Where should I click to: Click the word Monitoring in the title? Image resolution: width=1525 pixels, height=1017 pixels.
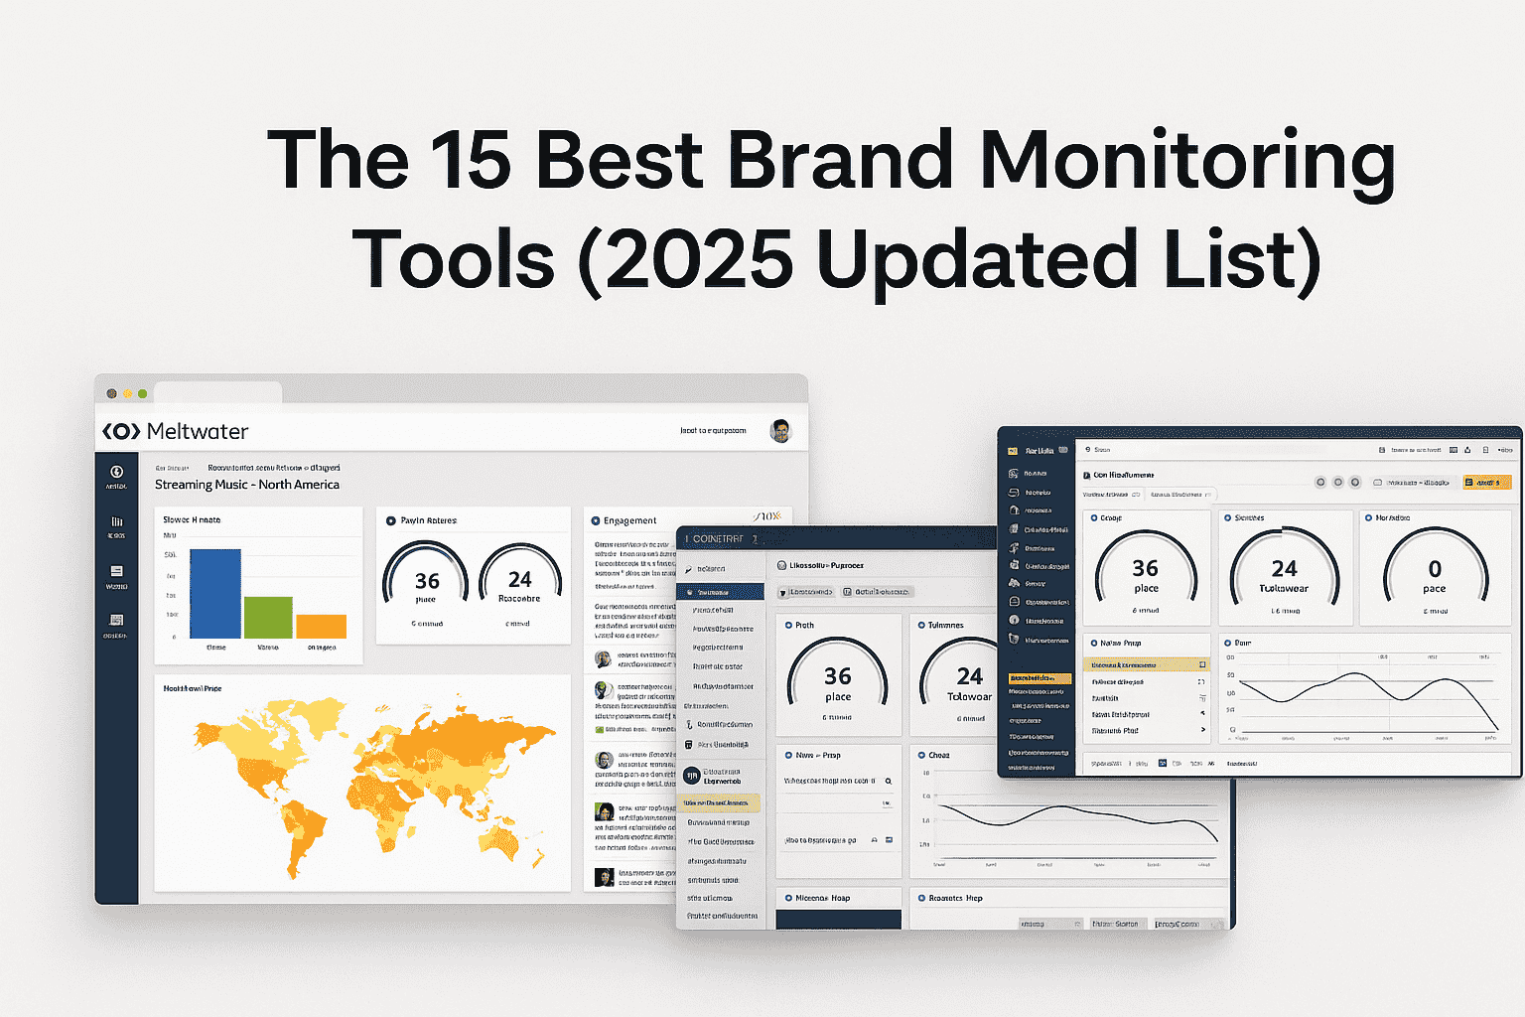[1186, 161]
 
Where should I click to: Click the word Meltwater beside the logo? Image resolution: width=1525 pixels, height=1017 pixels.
[198, 431]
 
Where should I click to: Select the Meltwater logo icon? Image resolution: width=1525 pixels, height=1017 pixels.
[121, 431]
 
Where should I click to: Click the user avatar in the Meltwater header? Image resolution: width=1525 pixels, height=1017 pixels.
[780, 431]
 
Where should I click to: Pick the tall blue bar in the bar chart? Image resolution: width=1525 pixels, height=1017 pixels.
[215, 593]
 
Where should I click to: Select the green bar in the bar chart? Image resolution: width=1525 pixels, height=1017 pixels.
[268, 617]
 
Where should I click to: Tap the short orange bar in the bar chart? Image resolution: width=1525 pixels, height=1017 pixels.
[321, 626]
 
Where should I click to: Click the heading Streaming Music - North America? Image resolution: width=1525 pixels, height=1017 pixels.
[247, 485]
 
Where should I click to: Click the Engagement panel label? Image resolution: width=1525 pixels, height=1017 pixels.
[629, 520]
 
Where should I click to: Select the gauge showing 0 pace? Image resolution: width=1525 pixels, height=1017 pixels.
[1435, 573]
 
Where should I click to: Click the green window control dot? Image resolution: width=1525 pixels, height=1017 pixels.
[143, 394]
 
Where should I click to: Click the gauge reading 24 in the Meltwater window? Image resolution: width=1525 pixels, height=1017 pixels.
[520, 584]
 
